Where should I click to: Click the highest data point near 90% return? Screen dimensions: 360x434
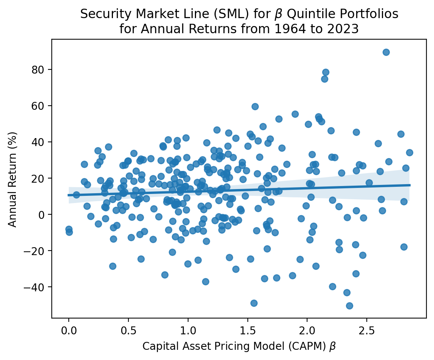click(x=386, y=52)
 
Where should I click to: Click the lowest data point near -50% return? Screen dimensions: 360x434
click(x=349, y=306)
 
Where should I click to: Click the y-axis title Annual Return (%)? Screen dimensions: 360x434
click(x=13, y=179)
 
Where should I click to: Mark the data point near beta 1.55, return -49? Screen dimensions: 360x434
click(x=254, y=303)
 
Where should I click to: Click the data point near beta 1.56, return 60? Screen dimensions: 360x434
click(x=255, y=106)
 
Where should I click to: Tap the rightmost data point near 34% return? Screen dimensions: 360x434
click(x=409, y=152)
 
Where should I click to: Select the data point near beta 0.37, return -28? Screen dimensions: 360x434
click(x=113, y=266)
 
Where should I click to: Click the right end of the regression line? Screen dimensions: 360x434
click(x=410, y=185)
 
